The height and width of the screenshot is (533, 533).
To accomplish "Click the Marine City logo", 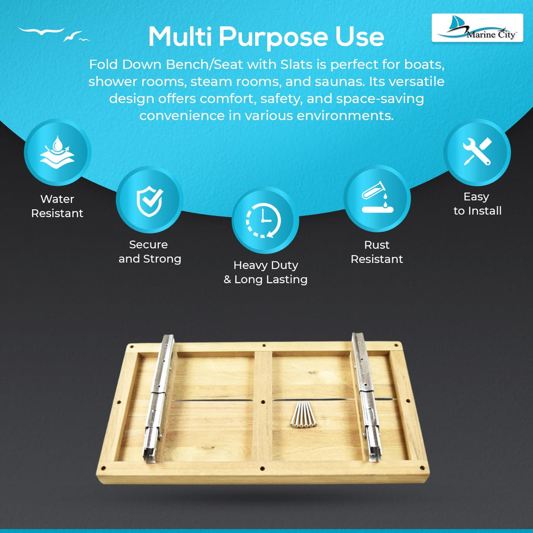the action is [x=477, y=28].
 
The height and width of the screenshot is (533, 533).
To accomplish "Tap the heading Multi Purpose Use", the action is [x=266, y=36].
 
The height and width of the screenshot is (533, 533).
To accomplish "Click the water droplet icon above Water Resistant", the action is [x=57, y=152].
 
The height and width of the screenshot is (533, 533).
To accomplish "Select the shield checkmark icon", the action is [x=149, y=201].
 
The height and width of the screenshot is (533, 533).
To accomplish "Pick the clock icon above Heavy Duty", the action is [x=264, y=220].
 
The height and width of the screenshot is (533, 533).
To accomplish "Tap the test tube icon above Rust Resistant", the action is [x=377, y=197].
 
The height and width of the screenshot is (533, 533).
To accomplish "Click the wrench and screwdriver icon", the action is [x=477, y=151].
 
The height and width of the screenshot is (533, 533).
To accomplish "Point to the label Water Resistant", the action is [x=57, y=206].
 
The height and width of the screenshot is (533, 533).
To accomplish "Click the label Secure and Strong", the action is [x=149, y=251].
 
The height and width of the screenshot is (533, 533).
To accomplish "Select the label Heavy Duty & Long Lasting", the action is [x=265, y=272].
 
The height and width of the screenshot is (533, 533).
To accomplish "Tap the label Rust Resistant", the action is [x=377, y=252].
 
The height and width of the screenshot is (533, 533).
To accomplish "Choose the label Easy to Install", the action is [x=477, y=204].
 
